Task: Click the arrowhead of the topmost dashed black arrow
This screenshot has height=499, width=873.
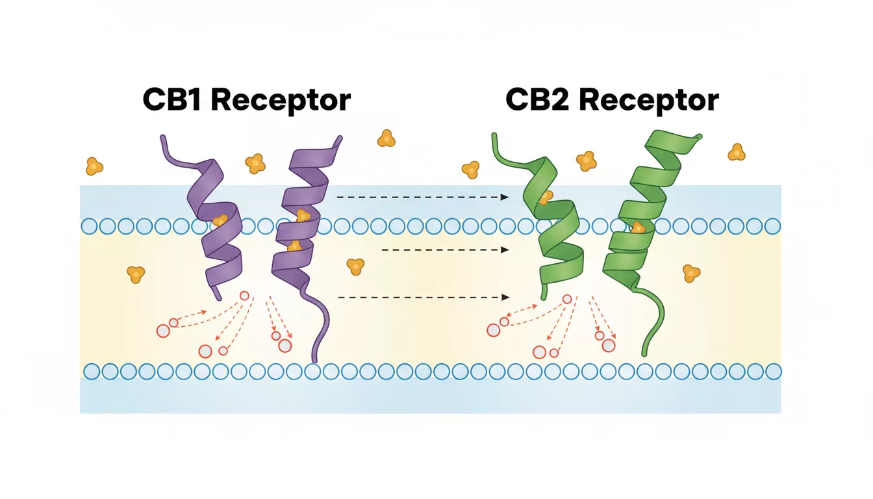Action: click(x=505, y=196)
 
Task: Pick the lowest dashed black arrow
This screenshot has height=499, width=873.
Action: click(x=422, y=297)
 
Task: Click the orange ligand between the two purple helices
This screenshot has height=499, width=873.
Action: click(x=255, y=163)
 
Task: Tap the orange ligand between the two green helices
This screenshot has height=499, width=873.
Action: click(x=586, y=160)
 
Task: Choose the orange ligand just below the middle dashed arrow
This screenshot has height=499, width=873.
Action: click(x=355, y=266)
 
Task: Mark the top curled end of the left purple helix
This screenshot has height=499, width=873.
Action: click(x=164, y=138)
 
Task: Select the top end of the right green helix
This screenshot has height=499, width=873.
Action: click(x=698, y=137)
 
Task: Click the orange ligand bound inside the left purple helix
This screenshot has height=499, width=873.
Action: click(x=221, y=220)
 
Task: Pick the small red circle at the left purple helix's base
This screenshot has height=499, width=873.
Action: click(x=244, y=296)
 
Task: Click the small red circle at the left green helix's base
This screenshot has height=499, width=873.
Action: click(x=567, y=299)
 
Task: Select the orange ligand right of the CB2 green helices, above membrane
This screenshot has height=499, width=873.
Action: click(x=737, y=153)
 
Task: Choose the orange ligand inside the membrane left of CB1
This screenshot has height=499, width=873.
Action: click(x=135, y=274)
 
